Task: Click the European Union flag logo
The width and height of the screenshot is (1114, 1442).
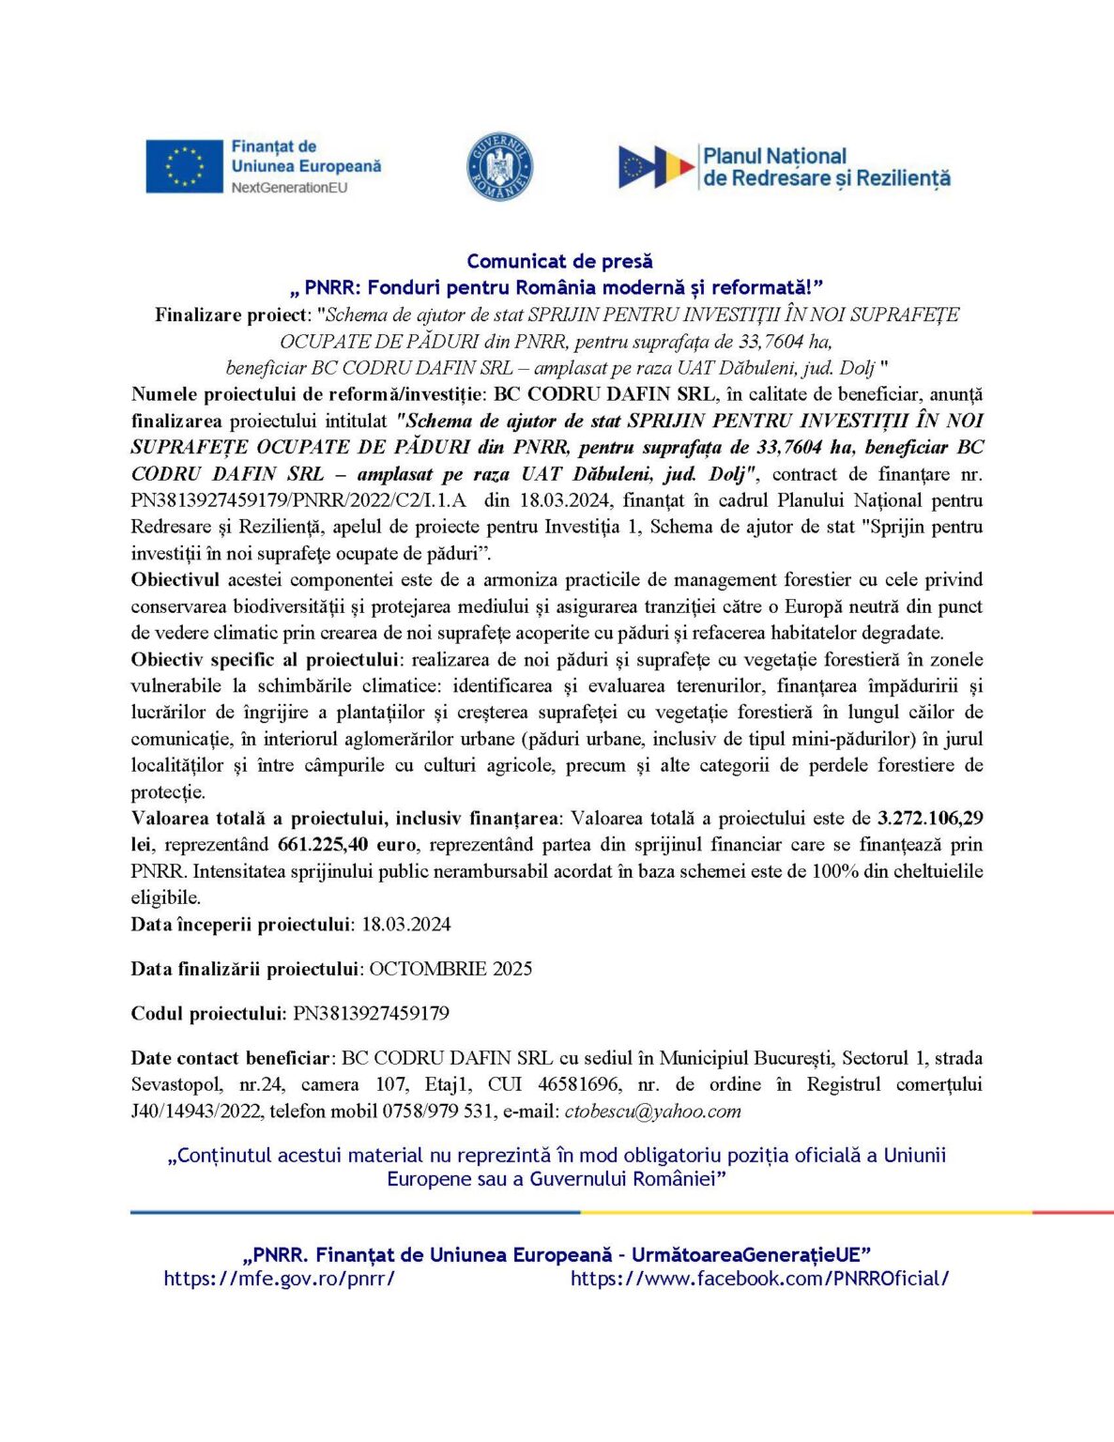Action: point(184,167)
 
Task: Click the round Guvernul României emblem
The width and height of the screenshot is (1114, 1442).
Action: point(499,167)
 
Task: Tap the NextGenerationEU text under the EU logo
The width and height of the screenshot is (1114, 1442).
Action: point(289,188)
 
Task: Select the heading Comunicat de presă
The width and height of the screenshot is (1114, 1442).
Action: point(559,261)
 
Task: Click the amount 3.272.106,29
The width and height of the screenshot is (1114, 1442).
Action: point(930,818)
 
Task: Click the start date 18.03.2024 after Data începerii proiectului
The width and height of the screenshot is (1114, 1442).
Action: point(405,924)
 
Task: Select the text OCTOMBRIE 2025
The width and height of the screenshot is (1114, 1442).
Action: point(450,968)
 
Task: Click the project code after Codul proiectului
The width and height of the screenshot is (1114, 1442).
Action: point(371,1013)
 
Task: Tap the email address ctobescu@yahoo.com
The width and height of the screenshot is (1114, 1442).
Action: point(652,1112)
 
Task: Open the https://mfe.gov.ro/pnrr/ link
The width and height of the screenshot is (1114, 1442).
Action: point(279,1278)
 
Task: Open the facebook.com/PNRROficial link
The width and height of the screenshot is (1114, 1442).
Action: point(759,1278)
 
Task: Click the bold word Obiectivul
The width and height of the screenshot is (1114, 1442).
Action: point(175,579)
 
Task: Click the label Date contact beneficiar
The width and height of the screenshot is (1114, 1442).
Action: point(230,1058)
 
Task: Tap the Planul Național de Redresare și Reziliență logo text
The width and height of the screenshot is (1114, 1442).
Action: point(826,167)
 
